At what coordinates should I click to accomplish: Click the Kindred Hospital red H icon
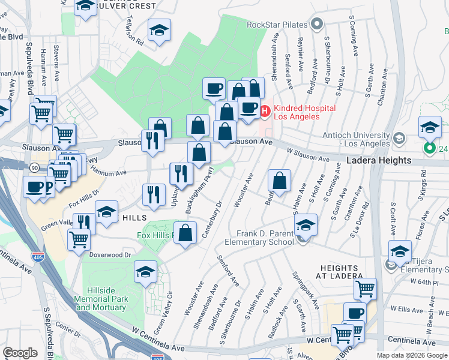click(265, 110)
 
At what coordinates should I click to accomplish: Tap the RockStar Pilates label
click(277, 25)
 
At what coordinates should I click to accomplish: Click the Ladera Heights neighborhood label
click(379, 160)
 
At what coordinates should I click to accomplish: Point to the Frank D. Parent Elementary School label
click(259, 238)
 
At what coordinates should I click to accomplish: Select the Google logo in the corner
click(20, 353)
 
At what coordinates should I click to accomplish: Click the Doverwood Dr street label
click(110, 254)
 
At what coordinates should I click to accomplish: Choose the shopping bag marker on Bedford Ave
click(279, 180)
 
